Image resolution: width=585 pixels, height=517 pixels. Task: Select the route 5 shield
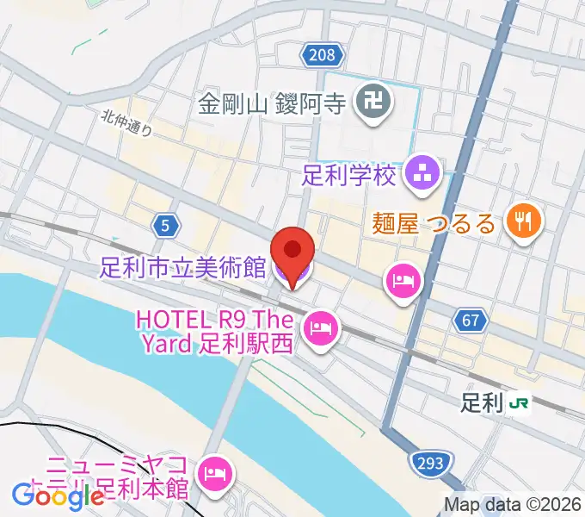164,226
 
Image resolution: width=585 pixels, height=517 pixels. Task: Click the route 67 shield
469,321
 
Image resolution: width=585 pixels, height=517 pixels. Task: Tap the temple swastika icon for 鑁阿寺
375,105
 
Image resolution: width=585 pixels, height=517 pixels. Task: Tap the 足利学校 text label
350,176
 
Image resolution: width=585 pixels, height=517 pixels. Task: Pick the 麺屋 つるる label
434,224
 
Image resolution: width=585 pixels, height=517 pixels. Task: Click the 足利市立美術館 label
182,268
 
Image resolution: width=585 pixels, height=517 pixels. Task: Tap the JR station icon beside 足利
519,402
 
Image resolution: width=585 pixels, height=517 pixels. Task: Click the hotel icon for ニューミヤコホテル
212,472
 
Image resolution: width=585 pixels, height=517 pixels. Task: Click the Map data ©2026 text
513,504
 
